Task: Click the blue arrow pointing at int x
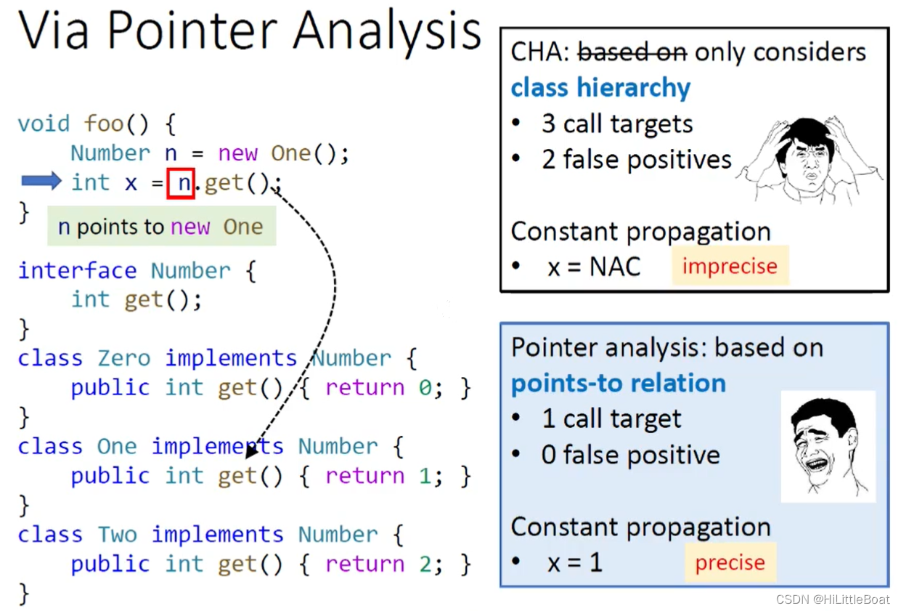point(41,182)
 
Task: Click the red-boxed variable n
point(181,183)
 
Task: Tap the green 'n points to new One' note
point(161,227)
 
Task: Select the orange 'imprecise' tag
point(729,266)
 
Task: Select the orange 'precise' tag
point(730,563)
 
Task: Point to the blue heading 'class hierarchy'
point(600,88)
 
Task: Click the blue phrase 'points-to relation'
point(618,384)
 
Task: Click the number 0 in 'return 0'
point(425,387)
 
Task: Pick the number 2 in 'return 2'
point(425,564)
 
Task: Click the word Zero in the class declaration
point(124,358)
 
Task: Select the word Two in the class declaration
point(118,535)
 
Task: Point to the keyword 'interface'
point(77,270)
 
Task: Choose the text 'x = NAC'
point(594,267)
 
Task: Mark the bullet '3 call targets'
point(616,124)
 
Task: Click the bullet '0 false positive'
point(630,456)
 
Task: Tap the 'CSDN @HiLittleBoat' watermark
point(832,599)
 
